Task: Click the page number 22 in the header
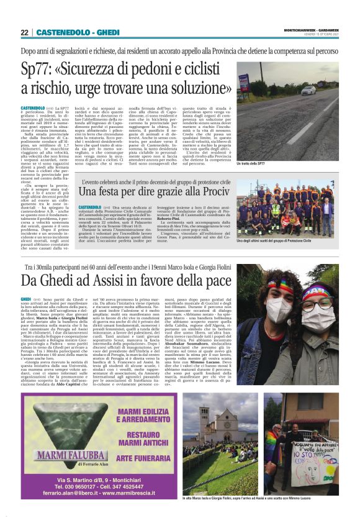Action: tap(25, 32)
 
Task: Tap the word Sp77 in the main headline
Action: tap(37, 69)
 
